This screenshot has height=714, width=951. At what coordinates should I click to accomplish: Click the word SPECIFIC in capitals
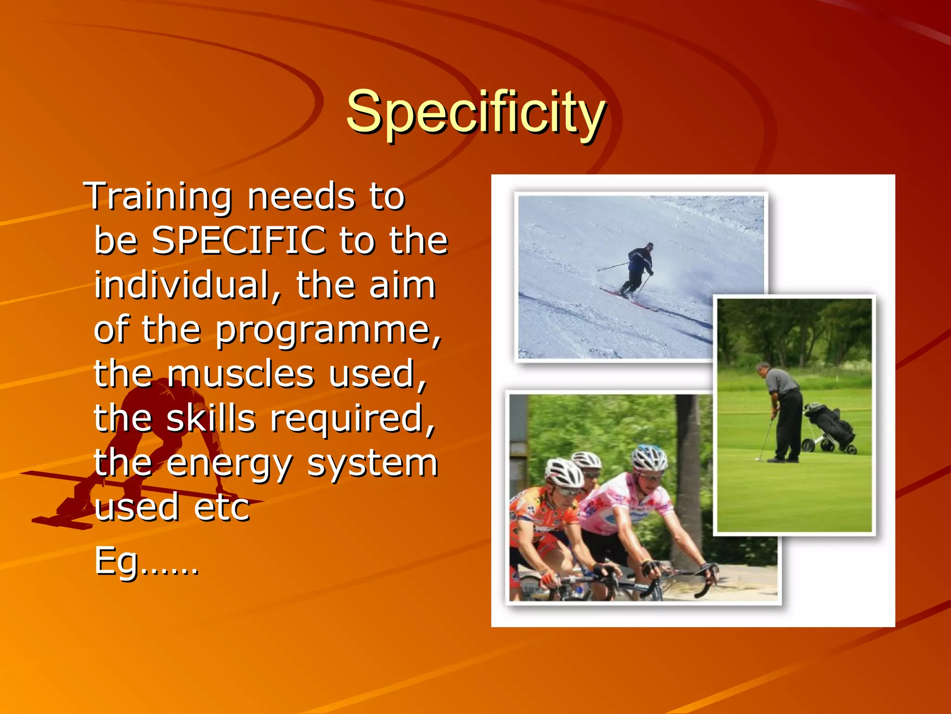pos(239,240)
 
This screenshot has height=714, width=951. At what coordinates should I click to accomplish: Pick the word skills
pos(211,418)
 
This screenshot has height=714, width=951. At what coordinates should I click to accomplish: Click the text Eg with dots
pos(146,561)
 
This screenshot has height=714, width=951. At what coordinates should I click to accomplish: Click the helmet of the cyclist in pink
pos(649,458)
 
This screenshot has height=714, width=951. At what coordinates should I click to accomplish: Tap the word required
pos(353,418)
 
